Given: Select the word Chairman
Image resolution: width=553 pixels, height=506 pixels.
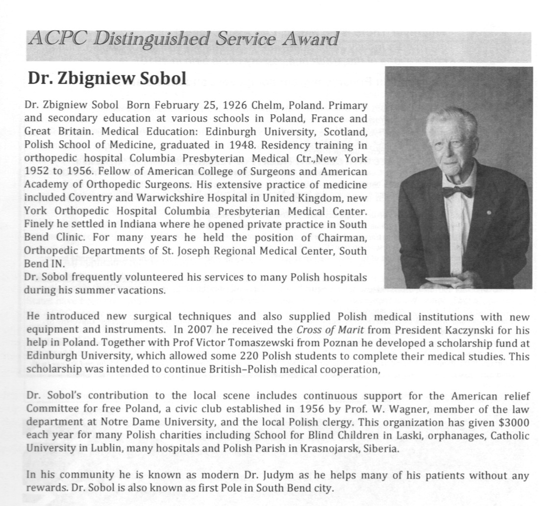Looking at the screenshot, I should coord(342,238).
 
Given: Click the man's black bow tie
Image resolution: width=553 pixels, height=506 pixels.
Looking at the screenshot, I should coord(457,191).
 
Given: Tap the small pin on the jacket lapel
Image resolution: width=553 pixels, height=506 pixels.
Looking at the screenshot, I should coord(489,212).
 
